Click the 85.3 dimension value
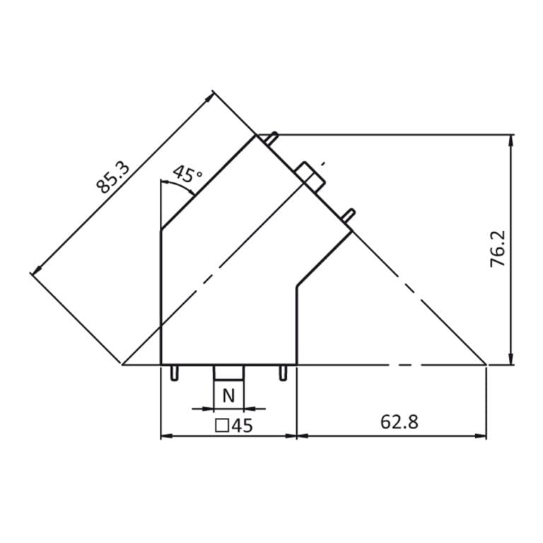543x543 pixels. pos(113,177)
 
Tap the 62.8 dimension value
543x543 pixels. pos(399,421)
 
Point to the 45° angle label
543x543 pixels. pos(187,174)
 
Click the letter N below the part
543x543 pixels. pos(228,397)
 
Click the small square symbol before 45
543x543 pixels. pos(221,425)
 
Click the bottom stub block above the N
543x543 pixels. pos(228,372)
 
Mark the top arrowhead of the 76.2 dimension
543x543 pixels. pos(510,139)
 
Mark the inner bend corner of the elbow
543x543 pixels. pos(296,286)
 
